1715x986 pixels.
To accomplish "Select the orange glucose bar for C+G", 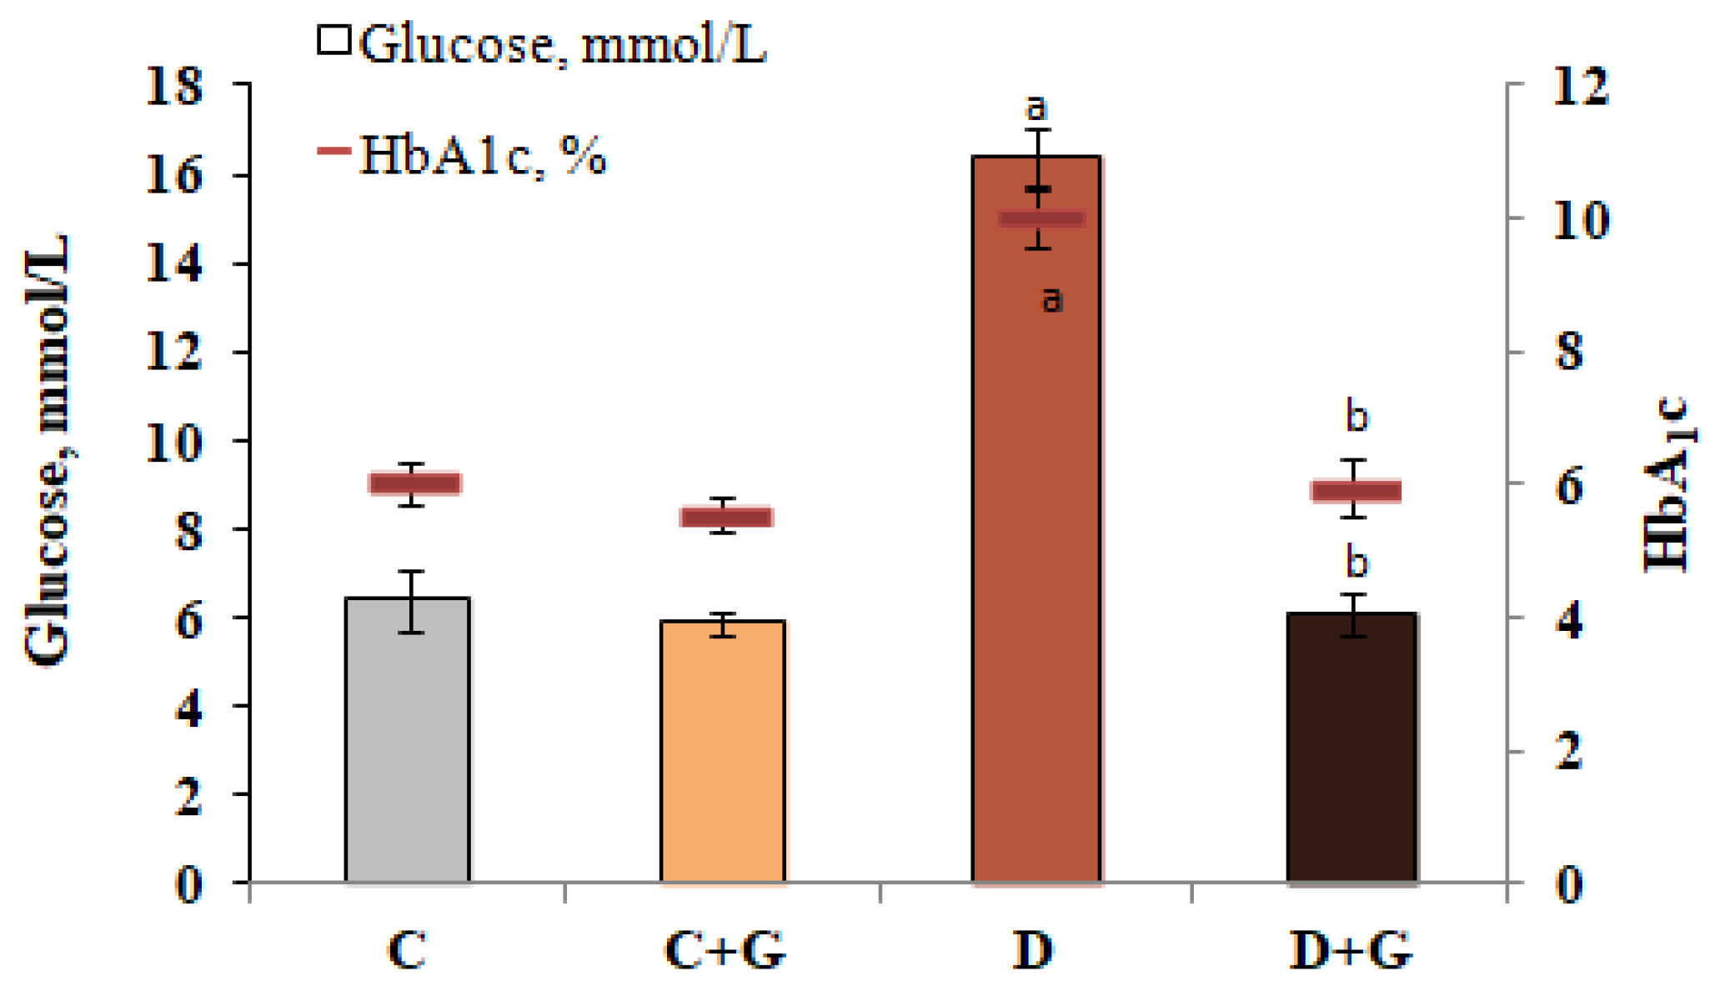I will pyautogui.click(x=723, y=750).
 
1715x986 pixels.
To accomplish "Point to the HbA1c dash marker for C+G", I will pyautogui.click(x=726, y=517).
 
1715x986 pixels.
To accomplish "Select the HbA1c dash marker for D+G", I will pyautogui.click(x=1356, y=491).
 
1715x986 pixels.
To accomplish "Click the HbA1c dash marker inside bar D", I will pyautogui.click(x=1041, y=219).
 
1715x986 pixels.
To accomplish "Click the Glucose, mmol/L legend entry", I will pyautogui.click(x=542, y=43).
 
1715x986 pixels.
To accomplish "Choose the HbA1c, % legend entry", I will pyautogui.click(x=463, y=154).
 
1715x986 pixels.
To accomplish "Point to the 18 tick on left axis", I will pyautogui.click(x=174, y=86).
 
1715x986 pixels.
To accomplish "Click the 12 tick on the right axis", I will pyautogui.click(x=1580, y=86).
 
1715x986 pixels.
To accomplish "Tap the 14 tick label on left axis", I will pyautogui.click(x=174, y=264).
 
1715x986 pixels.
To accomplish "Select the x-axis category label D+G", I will pyautogui.click(x=1351, y=950).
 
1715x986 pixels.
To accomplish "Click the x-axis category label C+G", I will pyautogui.click(x=725, y=950).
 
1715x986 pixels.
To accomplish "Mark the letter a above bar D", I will pyautogui.click(x=1035, y=107).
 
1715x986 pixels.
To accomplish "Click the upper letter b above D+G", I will pyautogui.click(x=1357, y=416).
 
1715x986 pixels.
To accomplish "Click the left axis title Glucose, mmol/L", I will pyautogui.click(x=48, y=450).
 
